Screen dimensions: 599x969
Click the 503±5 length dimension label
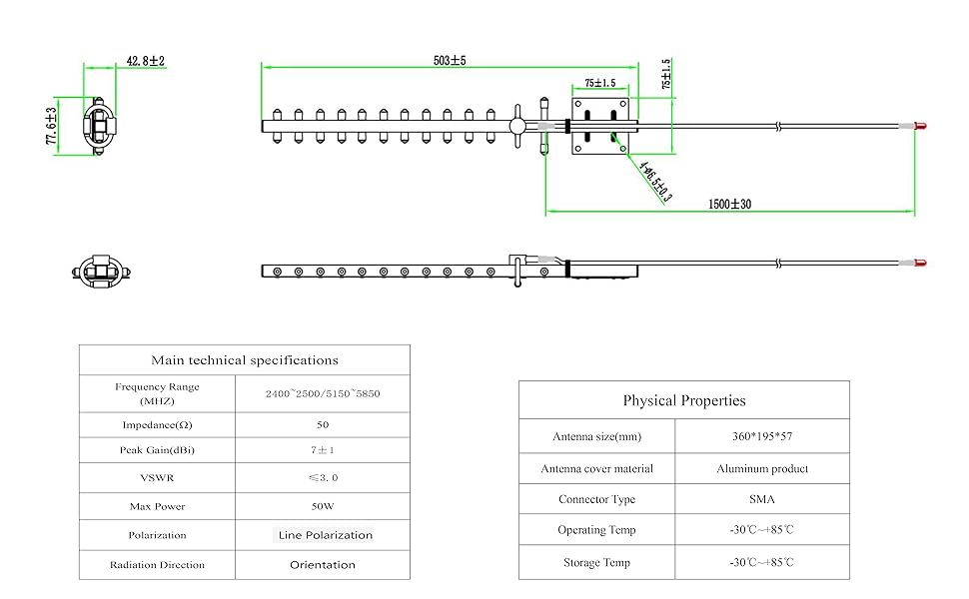(x=450, y=60)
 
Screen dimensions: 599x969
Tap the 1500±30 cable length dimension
(x=729, y=204)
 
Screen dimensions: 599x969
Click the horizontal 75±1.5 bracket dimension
(x=599, y=83)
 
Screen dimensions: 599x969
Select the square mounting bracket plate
(x=599, y=126)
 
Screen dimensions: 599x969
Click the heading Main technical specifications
(x=245, y=360)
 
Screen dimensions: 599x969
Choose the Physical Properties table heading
(x=684, y=400)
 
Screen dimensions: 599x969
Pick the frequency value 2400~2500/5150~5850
(x=322, y=393)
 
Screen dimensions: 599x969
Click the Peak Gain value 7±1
(x=322, y=450)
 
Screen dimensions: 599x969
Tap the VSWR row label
(x=157, y=477)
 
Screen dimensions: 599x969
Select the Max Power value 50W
(x=322, y=506)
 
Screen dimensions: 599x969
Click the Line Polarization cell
(x=324, y=535)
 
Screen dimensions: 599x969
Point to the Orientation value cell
(x=322, y=565)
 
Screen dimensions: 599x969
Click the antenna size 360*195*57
(x=761, y=436)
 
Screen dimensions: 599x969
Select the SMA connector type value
(x=761, y=498)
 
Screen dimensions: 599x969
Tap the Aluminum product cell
(x=761, y=468)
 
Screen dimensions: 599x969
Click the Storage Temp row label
(x=596, y=563)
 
